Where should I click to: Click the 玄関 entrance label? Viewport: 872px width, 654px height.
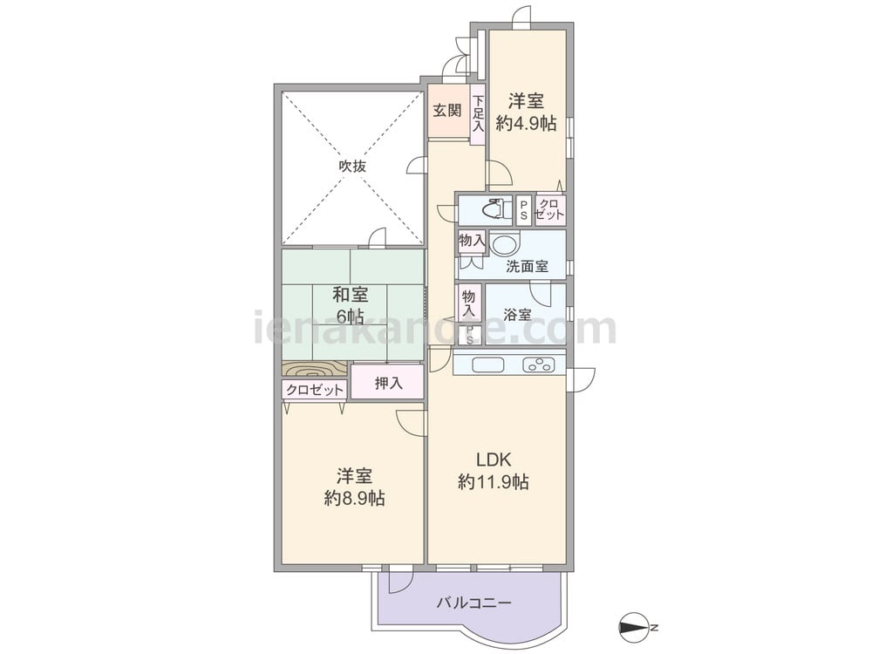(x=447, y=110)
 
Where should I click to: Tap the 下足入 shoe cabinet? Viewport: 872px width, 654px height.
(x=478, y=114)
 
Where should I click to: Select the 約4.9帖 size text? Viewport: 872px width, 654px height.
(x=526, y=124)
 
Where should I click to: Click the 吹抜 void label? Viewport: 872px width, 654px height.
(x=352, y=166)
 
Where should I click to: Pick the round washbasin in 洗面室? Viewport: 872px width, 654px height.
(x=504, y=244)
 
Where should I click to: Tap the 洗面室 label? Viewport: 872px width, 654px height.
(x=527, y=266)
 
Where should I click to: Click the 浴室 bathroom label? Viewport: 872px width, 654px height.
(x=516, y=315)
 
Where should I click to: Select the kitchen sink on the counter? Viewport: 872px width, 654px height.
(x=487, y=364)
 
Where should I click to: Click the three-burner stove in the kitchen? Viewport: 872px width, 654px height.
(x=538, y=364)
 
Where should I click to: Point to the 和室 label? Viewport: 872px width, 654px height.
(x=351, y=294)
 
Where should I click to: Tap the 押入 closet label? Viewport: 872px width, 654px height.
(x=388, y=383)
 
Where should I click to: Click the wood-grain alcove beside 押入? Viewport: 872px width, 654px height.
(x=315, y=370)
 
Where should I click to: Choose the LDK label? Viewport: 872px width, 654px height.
(x=493, y=460)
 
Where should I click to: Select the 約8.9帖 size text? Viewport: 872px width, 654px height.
(x=354, y=498)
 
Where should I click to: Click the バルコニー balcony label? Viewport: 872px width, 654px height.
(x=473, y=603)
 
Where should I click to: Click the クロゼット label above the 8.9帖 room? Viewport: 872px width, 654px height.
(x=315, y=390)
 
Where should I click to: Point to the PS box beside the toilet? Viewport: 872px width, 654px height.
(x=523, y=209)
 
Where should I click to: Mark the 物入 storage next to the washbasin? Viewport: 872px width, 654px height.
(x=472, y=241)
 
